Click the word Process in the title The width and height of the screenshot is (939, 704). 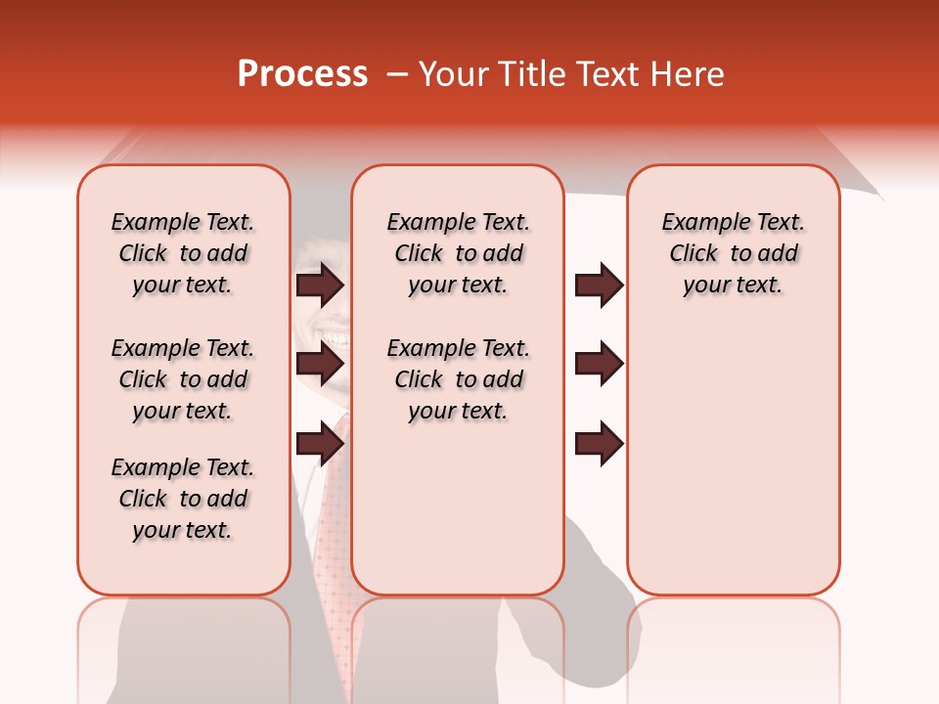point(302,74)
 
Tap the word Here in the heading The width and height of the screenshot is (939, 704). point(689,74)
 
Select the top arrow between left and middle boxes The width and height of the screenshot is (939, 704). point(320,286)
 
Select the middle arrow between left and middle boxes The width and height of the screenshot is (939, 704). point(320,364)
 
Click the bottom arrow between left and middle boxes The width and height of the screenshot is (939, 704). point(320,443)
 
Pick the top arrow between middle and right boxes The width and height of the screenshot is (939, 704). point(599,286)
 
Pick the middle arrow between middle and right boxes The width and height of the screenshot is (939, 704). point(599,364)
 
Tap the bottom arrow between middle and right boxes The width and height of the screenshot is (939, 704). point(599,443)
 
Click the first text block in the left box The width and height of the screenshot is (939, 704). point(183,253)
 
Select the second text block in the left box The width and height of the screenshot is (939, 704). point(183,379)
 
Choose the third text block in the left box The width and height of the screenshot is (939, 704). point(183,499)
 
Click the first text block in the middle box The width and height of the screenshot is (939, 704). point(458,253)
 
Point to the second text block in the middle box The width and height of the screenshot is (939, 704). point(458,379)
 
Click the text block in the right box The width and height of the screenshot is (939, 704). point(734,253)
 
